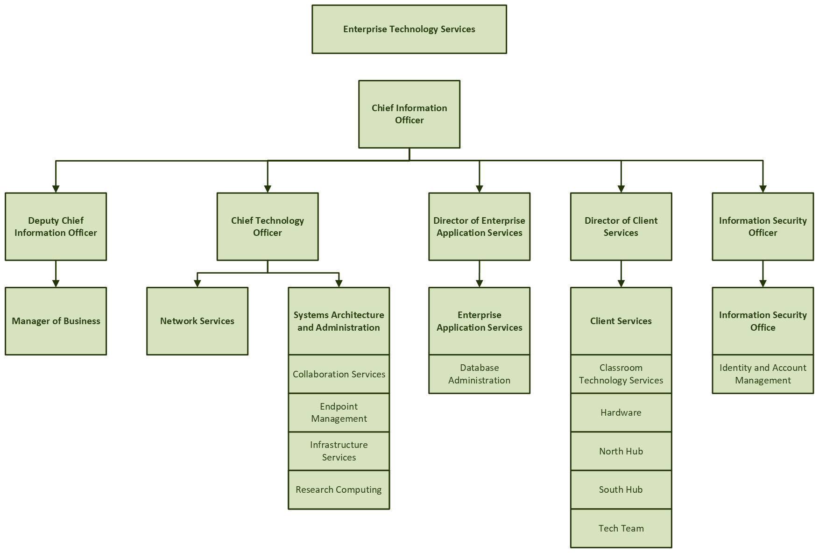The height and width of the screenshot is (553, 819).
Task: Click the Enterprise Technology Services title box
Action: pyautogui.click(x=409, y=29)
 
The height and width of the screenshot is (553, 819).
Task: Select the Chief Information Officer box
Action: pyautogui.click(x=409, y=114)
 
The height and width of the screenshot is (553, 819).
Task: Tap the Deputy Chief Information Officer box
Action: pyautogui.click(x=56, y=227)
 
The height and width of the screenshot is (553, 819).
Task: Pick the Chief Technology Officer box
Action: pyautogui.click(x=268, y=227)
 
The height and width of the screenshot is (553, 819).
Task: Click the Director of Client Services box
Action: pyautogui.click(x=621, y=227)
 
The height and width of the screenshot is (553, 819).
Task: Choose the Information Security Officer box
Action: pyautogui.click(x=763, y=227)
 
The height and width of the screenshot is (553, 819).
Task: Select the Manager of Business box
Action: pyautogui.click(x=56, y=321)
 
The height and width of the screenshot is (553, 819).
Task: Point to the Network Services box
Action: pyautogui.click(x=197, y=321)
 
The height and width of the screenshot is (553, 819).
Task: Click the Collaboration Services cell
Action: pyautogui.click(x=339, y=374)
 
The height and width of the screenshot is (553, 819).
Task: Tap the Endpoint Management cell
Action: pyautogui.click(x=339, y=412)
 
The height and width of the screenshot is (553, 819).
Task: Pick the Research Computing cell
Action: pyautogui.click(x=339, y=489)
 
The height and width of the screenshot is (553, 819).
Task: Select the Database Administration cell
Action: pyautogui.click(x=479, y=374)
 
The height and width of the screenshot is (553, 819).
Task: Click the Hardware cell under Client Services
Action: pyautogui.click(x=621, y=412)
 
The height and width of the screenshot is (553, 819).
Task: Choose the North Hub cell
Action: pyautogui.click(x=621, y=451)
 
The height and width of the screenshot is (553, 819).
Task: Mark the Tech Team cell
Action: pyautogui.click(x=621, y=528)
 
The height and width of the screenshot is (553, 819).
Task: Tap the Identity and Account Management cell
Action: pyautogui.click(x=763, y=374)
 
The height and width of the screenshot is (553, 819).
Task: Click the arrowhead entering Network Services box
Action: pyautogui.click(x=197, y=283)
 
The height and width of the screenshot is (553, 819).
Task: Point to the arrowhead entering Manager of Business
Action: pyautogui.click(x=56, y=283)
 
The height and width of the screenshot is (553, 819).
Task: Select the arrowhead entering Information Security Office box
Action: pyautogui.click(x=763, y=283)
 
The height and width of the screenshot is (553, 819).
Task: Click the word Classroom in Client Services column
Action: pyautogui.click(x=621, y=368)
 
